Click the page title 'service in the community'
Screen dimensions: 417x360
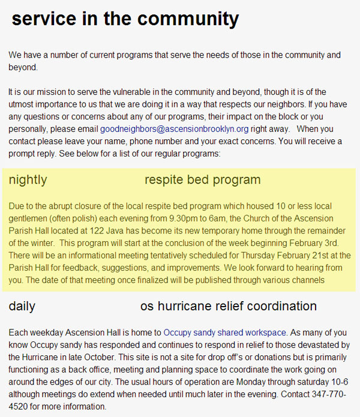(125, 19)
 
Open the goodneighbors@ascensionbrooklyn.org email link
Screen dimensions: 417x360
(174, 129)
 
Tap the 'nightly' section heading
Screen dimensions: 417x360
(28, 179)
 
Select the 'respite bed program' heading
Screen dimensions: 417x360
(202, 179)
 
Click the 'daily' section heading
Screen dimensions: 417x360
(22, 306)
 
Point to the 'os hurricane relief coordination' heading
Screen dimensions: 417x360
(228, 306)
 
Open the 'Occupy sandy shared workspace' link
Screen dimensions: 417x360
(225, 332)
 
